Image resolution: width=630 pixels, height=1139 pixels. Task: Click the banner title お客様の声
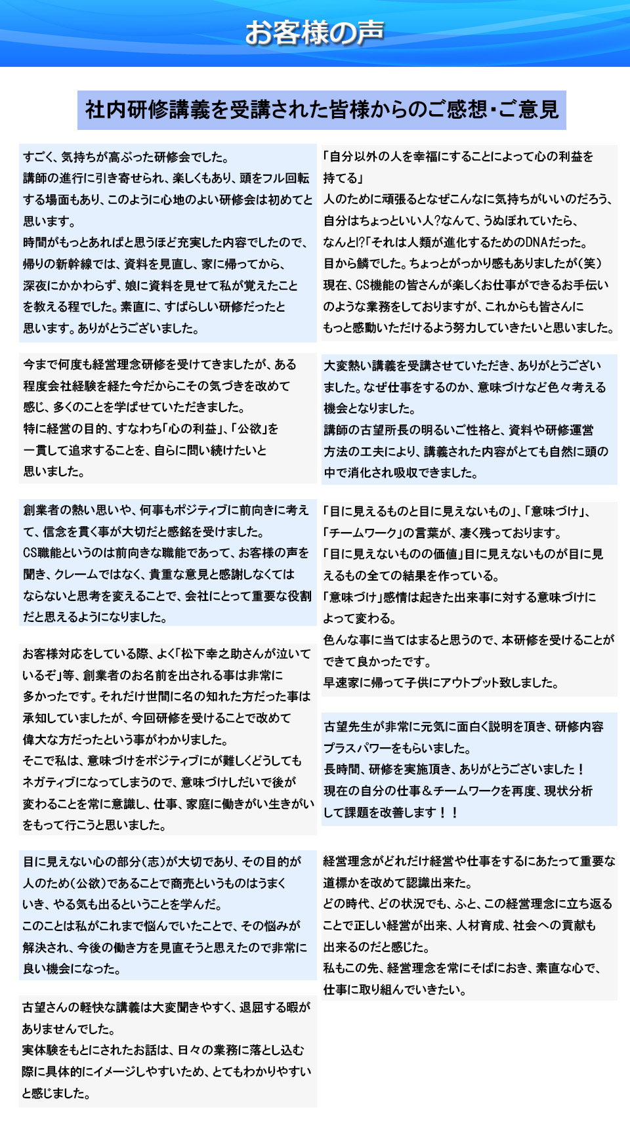point(314,33)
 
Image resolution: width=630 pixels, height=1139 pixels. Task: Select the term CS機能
point(374,285)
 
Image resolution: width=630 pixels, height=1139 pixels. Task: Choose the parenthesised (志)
point(150,861)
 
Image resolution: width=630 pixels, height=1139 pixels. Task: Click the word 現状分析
point(568,791)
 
